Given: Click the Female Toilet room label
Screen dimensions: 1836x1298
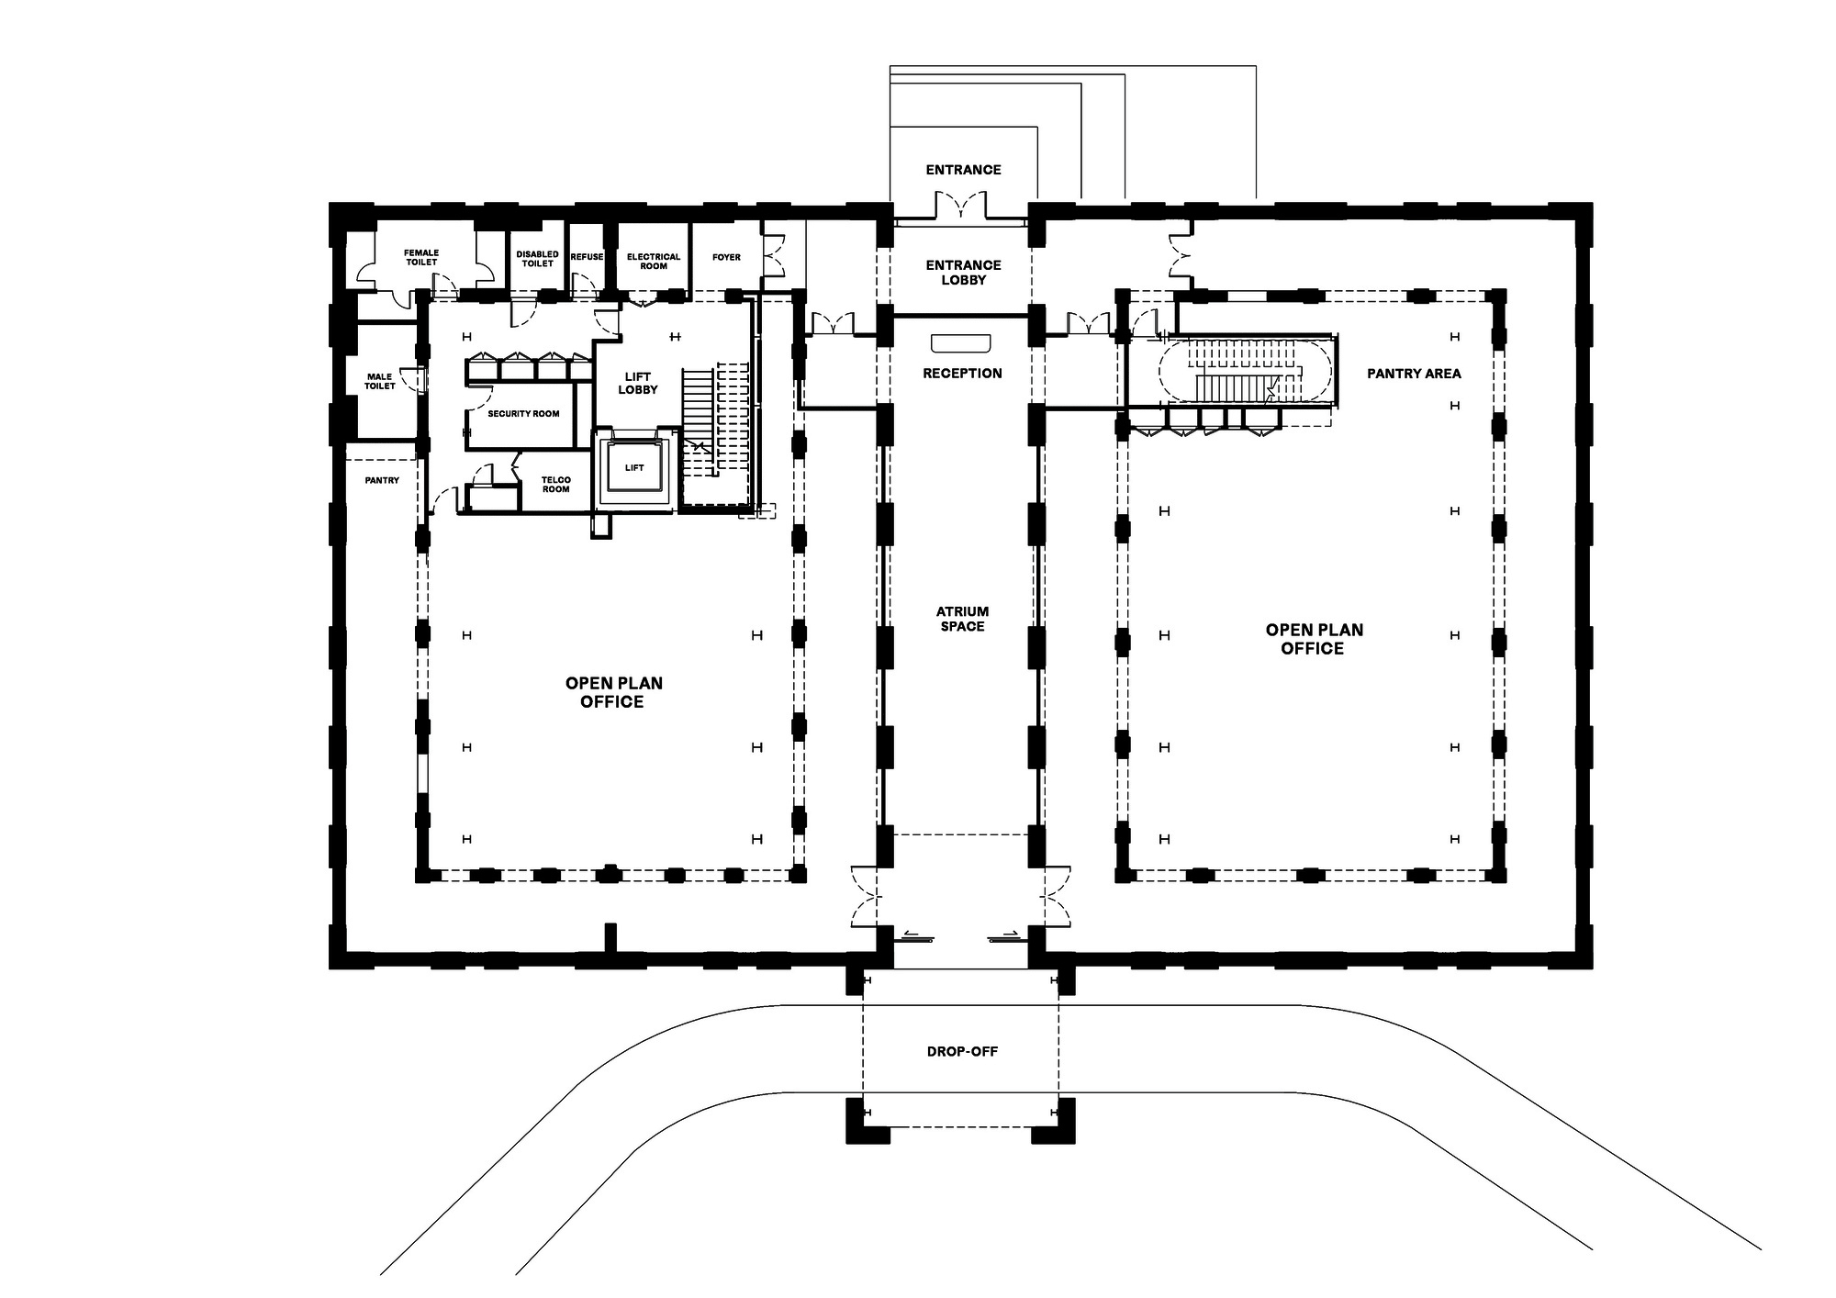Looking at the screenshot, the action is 421,257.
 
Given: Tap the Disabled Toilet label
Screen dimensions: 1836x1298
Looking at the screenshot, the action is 537,259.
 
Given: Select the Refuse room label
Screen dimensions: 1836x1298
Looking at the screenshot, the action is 587,257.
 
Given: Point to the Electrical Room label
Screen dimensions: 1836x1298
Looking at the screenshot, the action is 654,262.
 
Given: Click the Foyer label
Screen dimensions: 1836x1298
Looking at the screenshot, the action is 726,257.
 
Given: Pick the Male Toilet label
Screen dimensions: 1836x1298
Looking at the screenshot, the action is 379,381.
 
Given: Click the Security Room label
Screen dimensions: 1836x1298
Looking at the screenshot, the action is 523,414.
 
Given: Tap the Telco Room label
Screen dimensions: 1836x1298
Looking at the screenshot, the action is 555,485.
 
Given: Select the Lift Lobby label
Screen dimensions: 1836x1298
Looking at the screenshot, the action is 637,383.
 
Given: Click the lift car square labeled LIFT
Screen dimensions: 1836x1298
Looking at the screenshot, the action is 634,468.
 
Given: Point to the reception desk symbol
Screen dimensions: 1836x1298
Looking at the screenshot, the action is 961,343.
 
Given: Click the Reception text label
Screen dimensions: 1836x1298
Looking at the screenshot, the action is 962,374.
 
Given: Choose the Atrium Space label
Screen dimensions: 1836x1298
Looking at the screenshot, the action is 962,619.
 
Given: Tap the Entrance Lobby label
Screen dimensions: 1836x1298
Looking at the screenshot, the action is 963,273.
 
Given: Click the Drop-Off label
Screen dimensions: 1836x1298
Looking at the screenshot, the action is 962,1051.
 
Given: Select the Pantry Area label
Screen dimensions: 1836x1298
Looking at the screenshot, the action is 1414,374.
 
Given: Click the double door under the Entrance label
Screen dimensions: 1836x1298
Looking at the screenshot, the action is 961,207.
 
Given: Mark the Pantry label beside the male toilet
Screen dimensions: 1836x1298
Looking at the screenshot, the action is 382,480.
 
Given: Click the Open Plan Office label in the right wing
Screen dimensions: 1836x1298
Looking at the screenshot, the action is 1314,639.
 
